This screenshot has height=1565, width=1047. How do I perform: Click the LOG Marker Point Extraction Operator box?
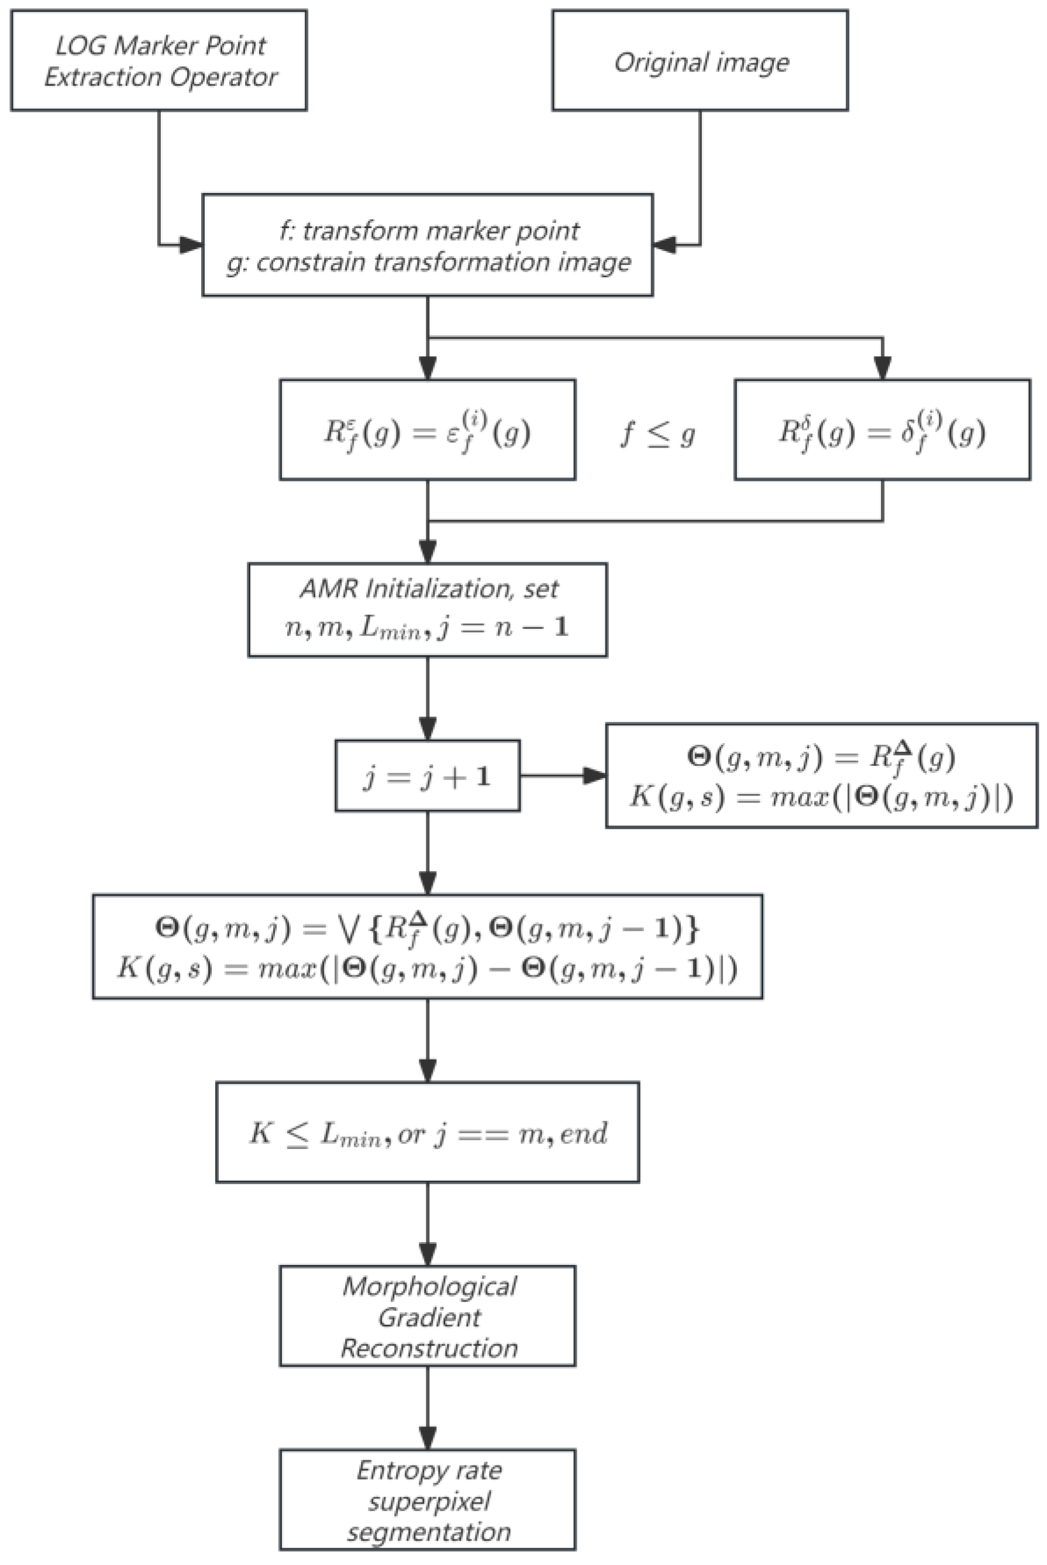[159, 60]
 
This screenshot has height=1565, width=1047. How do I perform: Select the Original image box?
[700, 60]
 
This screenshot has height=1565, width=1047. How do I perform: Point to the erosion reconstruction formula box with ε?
[428, 429]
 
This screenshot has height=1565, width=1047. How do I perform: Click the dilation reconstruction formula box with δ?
[882, 429]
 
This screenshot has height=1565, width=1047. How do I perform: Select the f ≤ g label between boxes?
[657, 434]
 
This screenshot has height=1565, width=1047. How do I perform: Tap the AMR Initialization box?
[428, 609]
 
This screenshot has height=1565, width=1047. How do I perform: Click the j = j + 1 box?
[428, 776]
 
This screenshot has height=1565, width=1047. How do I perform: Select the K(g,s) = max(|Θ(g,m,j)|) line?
[821, 797]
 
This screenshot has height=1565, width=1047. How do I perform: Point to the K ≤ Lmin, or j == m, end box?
[428, 1133]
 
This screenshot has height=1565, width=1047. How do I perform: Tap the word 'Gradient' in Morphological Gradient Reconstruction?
[429, 1317]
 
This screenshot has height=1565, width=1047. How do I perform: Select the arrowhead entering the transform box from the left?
[191, 245]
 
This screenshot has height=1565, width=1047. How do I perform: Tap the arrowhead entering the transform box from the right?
[664, 245]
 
